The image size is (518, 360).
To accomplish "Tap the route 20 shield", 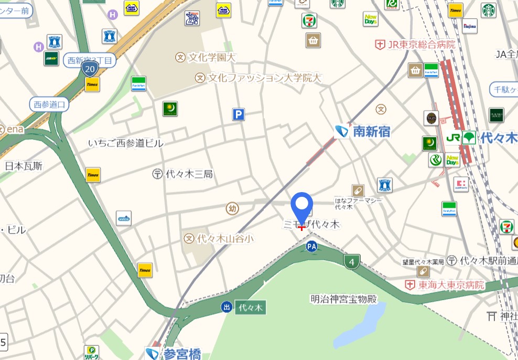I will [90, 68].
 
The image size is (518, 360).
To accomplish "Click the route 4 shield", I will [352, 261].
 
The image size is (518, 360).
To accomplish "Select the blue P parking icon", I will [239, 114].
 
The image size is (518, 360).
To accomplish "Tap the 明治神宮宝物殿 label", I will [343, 299].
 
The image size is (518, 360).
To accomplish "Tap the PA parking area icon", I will [312, 246].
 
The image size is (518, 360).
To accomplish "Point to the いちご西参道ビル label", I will [126, 143].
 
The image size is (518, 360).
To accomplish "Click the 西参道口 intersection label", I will [49, 104].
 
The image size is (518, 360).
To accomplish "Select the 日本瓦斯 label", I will [24, 166].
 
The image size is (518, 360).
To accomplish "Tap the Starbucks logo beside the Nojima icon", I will [489, 10].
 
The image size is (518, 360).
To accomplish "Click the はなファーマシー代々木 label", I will [359, 203].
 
